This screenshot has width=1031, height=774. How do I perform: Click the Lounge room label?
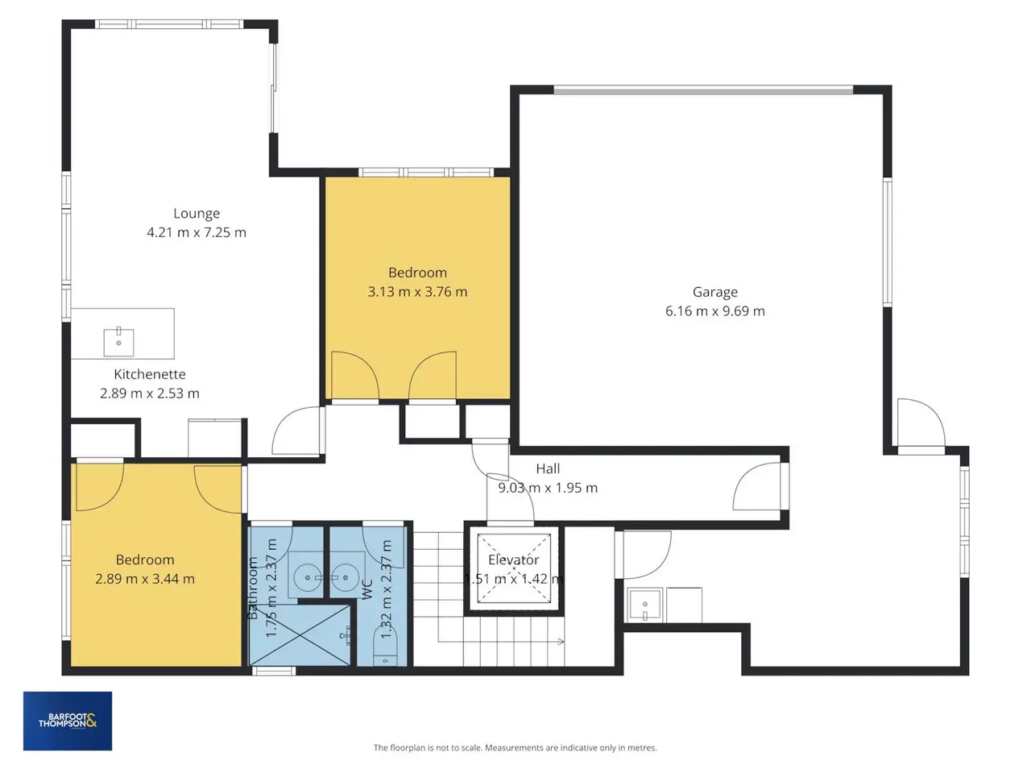pos(197,214)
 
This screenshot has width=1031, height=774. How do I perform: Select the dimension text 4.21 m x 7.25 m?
pos(197,232)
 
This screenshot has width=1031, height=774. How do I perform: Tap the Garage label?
pos(715,293)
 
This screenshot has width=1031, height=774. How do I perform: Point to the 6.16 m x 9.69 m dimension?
pos(715,311)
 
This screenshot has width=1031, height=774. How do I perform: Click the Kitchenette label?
pos(150,374)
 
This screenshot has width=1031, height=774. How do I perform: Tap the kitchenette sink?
pos(118,342)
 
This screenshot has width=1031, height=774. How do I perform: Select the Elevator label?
pos(513,560)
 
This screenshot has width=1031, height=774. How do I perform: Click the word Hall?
pos(548,468)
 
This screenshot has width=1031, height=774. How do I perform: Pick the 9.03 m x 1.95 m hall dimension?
pos(548,488)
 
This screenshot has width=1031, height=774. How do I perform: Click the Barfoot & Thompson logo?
pos(68,721)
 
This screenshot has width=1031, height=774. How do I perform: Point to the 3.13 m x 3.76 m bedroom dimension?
pos(417,292)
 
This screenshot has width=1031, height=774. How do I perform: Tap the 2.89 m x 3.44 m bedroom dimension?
pos(145,579)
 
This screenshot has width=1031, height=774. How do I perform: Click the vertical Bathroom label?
pos(253,588)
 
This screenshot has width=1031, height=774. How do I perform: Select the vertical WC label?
pos(367,589)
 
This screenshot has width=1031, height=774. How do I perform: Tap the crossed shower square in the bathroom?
pos(300,635)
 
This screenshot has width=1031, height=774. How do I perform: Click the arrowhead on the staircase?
pos(561,641)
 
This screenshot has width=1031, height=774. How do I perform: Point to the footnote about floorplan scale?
pos(515,747)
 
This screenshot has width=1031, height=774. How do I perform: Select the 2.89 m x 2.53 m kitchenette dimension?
pos(150,393)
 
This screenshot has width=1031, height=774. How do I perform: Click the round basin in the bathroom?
pos(308,577)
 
